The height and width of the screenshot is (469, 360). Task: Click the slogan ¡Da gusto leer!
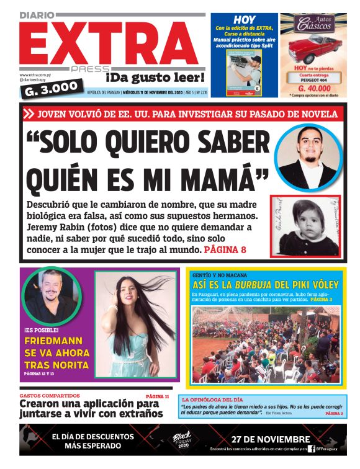(x=155, y=78)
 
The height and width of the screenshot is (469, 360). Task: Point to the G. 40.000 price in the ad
(x=313, y=89)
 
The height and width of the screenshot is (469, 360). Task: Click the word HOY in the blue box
(x=244, y=20)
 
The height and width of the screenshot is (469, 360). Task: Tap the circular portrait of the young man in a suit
(x=307, y=156)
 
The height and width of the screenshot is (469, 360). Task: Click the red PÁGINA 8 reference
(x=225, y=250)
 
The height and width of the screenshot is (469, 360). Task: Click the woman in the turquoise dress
(x=139, y=323)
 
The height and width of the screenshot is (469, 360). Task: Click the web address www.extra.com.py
(x=36, y=75)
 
